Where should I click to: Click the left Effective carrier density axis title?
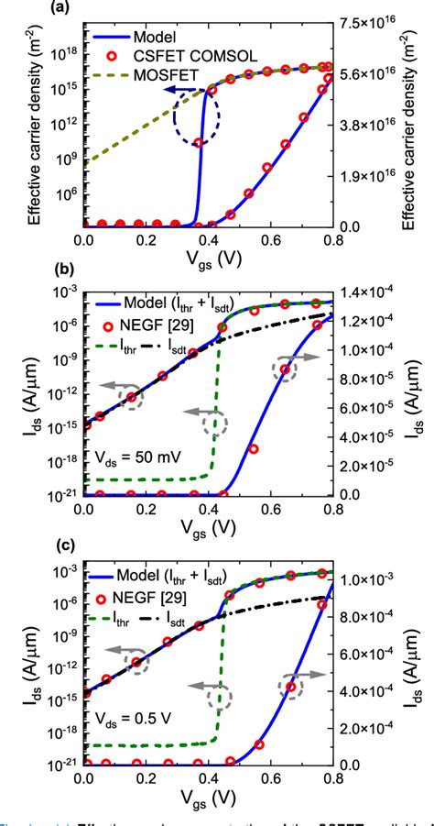pos(34,127)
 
